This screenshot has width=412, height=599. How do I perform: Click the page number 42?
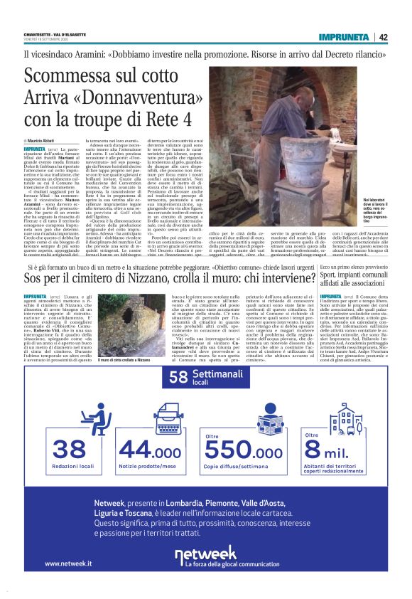tap(383, 37)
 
